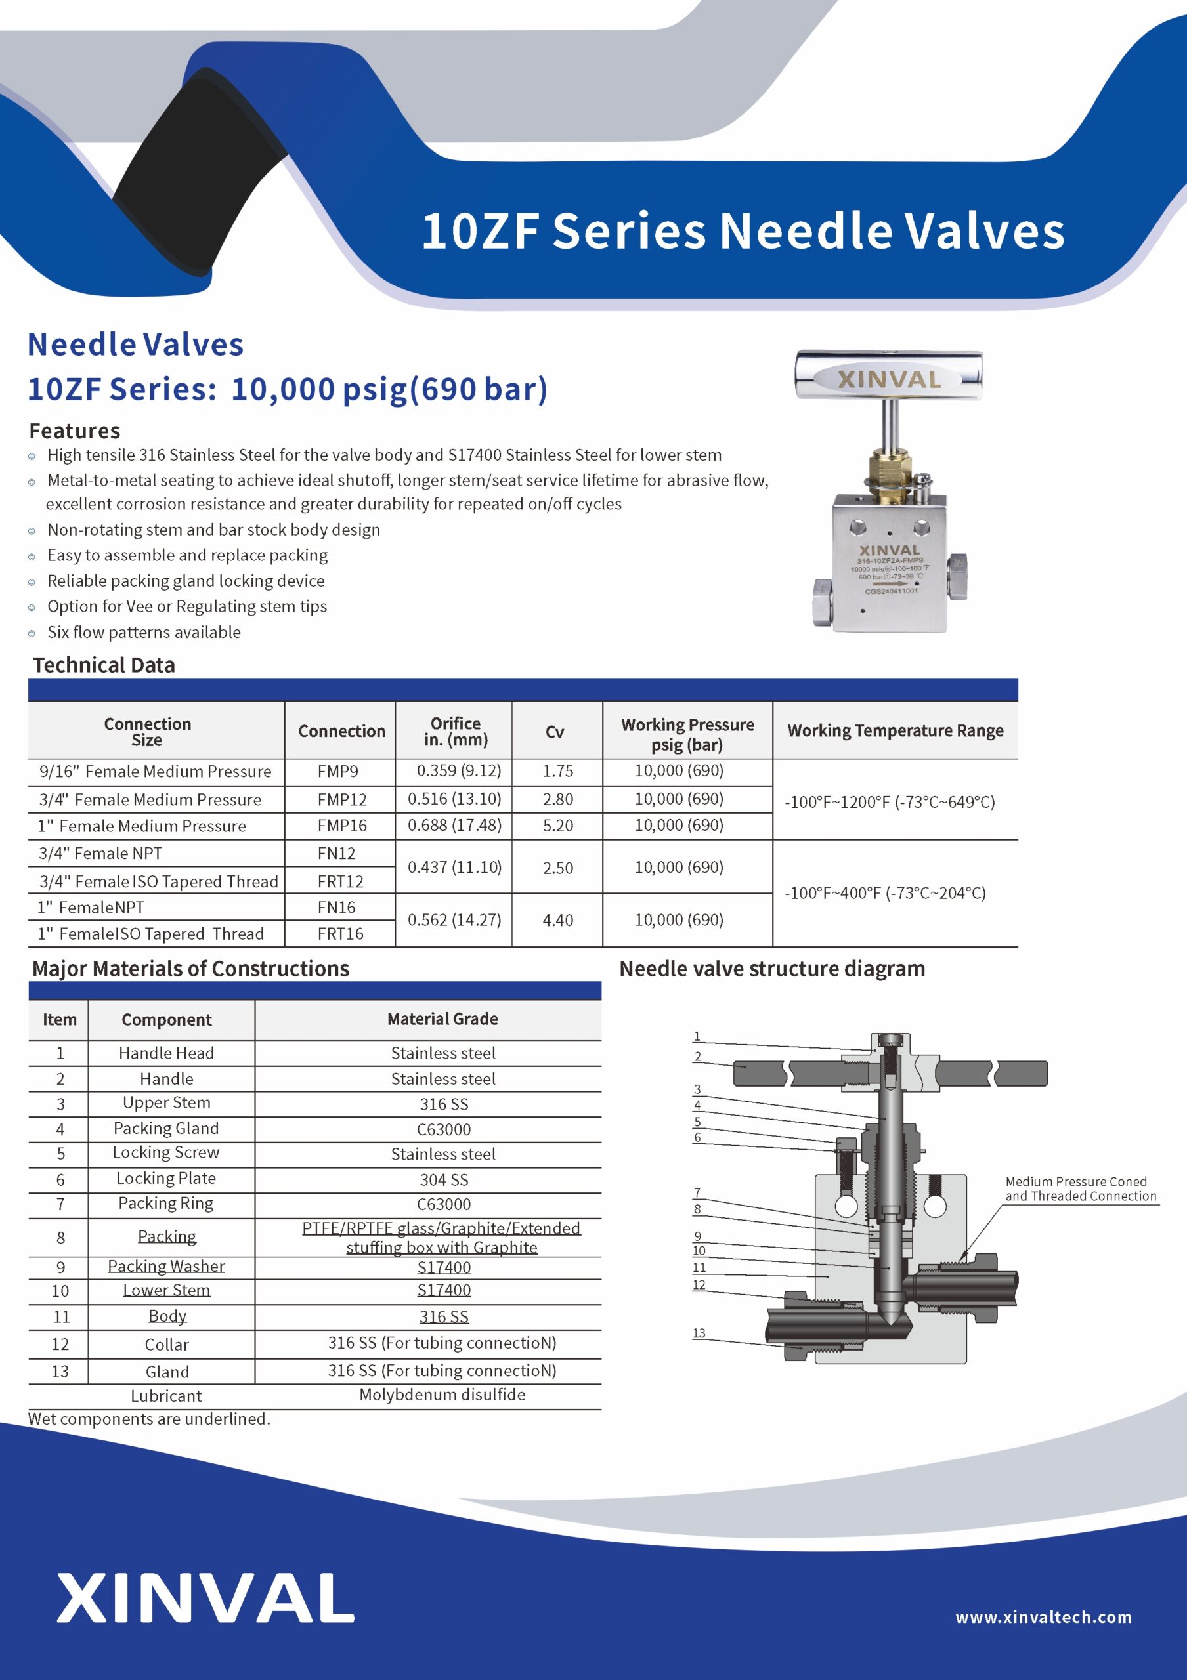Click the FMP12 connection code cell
click(x=342, y=799)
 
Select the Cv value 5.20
click(x=557, y=826)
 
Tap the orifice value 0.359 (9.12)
click(x=459, y=770)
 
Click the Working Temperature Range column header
click(x=895, y=730)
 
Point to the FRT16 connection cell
click(x=340, y=934)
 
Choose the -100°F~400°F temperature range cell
click(x=885, y=892)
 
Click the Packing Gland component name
click(x=166, y=1128)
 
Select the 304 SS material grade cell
click(x=443, y=1179)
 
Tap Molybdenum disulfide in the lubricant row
click(x=442, y=1395)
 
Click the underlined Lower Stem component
click(x=167, y=1290)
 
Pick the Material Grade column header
click(x=442, y=1018)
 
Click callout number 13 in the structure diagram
click(x=699, y=1333)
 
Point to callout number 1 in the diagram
click(x=697, y=1036)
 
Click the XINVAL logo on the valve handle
click(x=888, y=379)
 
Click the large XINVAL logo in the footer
click(x=205, y=1598)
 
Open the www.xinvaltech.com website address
click(x=1043, y=1617)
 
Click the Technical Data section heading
click(x=104, y=665)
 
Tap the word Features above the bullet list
click(x=75, y=431)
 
